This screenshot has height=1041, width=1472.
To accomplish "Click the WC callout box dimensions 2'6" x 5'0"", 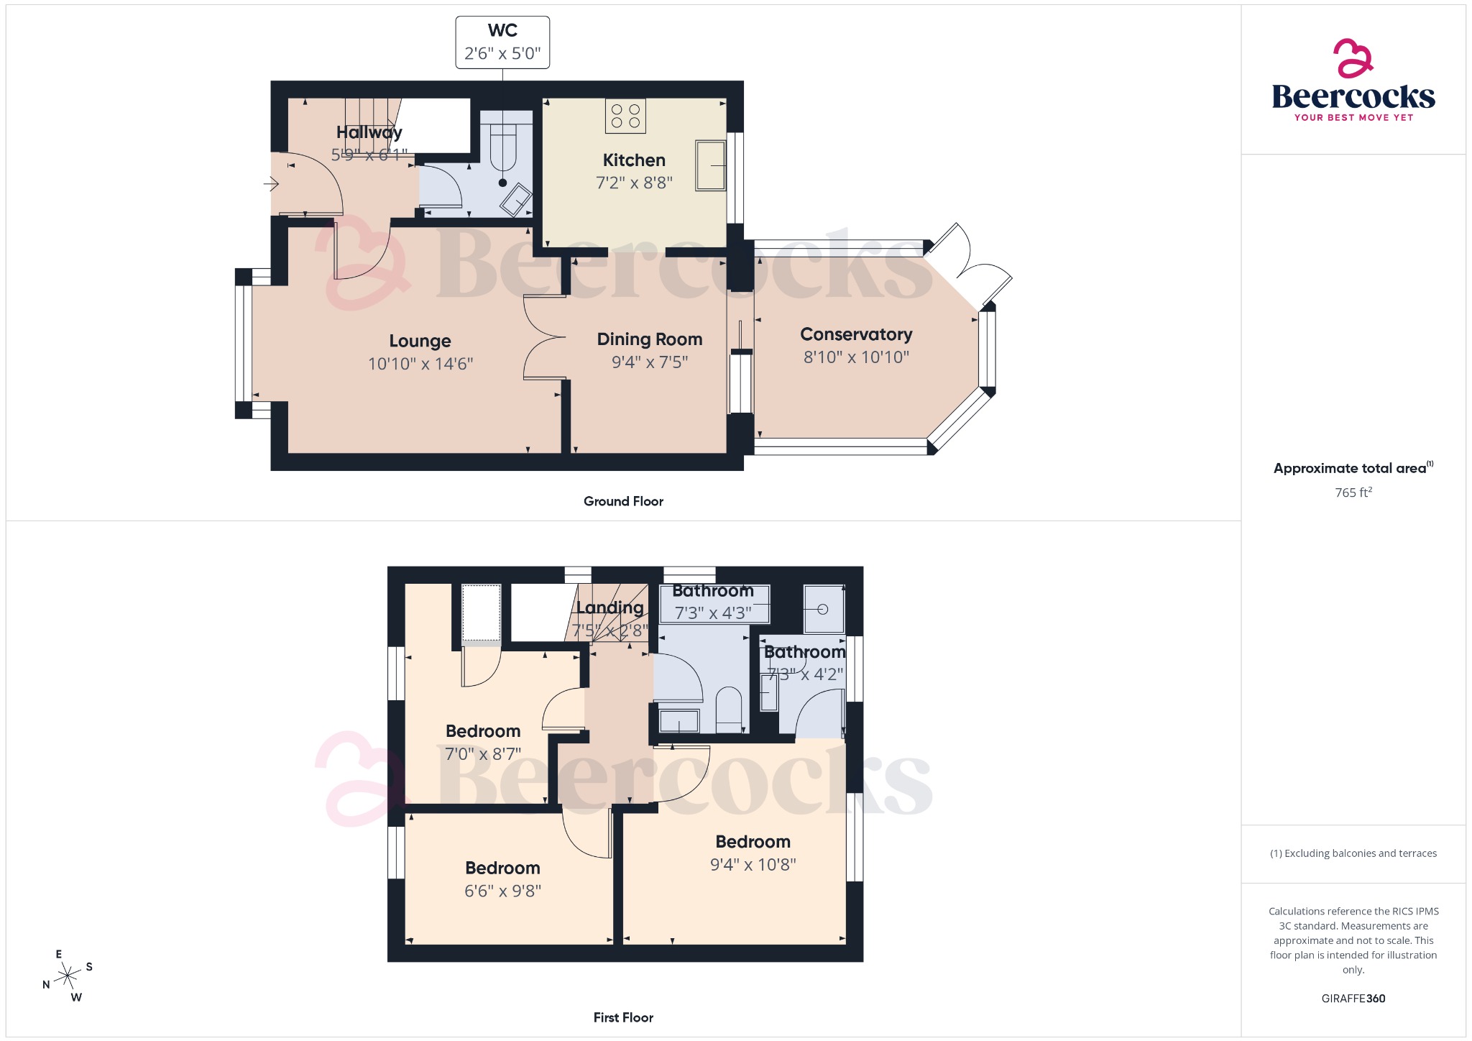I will click(502, 54).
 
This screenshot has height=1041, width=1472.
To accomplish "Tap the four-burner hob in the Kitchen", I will click(625, 116).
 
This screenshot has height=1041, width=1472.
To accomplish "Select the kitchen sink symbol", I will click(710, 165).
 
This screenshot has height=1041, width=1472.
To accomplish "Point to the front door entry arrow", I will click(272, 185).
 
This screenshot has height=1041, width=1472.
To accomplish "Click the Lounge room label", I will click(420, 341).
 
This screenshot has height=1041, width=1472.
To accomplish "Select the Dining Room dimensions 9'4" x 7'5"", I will click(649, 362).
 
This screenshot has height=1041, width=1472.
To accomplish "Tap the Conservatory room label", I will click(855, 334).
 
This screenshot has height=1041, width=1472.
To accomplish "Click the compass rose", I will click(68, 976).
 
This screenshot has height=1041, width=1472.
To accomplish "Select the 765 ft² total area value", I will click(1353, 492).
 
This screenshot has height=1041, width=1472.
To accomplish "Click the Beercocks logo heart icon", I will click(1353, 58).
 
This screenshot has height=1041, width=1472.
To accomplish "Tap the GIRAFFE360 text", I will click(1353, 998).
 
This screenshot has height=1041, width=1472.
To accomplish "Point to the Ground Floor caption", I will click(623, 501).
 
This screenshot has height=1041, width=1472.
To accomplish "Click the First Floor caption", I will click(623, 1017).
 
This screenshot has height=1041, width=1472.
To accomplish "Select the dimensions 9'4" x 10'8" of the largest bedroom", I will click(753, 865).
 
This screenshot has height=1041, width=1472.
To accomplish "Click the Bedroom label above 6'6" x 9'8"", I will click(502, 868).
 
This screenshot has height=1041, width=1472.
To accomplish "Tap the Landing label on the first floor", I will click(609, 607).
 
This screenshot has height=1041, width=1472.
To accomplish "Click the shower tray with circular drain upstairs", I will click(823, 609).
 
